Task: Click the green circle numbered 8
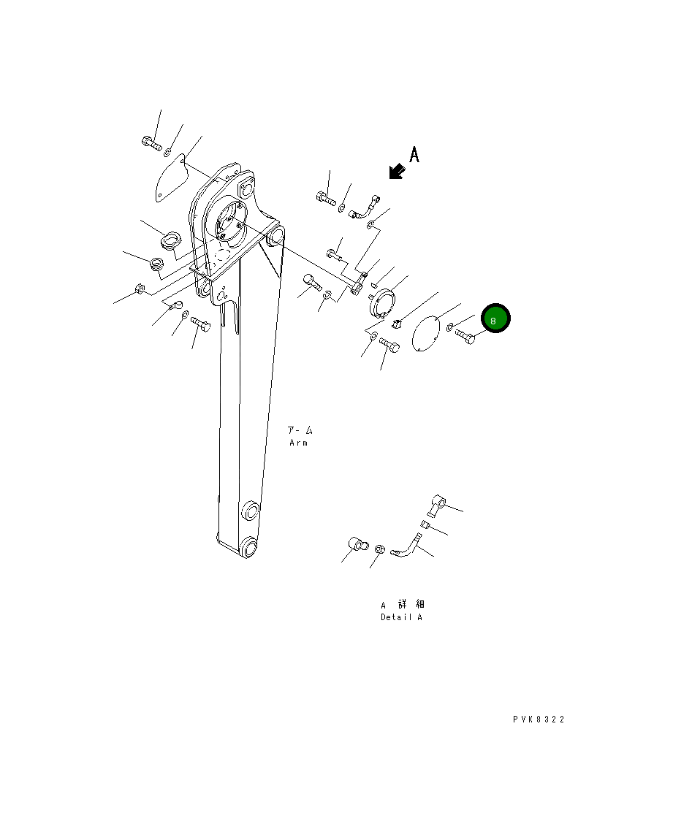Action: coord(495,318)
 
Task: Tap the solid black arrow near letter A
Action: coord(397,172)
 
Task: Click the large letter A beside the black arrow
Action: coord(414,154)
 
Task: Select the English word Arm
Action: coord(298,443)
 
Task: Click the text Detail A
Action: coord(401,617)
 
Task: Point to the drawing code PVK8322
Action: coord(539,720)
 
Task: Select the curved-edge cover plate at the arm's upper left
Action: coord(172,178)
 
